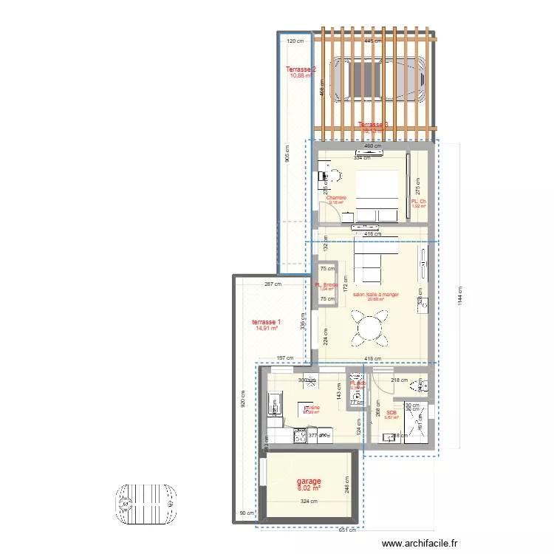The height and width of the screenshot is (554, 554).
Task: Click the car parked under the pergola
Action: point(377,76)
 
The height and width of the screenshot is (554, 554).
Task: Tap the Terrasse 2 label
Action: point(301,70)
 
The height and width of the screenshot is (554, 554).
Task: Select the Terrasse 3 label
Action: point(373,125)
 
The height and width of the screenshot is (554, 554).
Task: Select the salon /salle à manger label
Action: point(376,295)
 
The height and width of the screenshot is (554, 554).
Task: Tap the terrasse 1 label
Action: point(265,322)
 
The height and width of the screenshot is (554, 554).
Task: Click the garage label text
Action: point(309,481)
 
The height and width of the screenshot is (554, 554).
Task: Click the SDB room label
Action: point(391,413)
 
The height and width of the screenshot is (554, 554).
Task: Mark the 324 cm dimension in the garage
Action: point(309,502)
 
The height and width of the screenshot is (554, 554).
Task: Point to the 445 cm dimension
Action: point(373,41)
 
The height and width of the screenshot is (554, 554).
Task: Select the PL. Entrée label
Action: point(326,285)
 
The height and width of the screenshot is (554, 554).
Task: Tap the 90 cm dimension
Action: point(246,513)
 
